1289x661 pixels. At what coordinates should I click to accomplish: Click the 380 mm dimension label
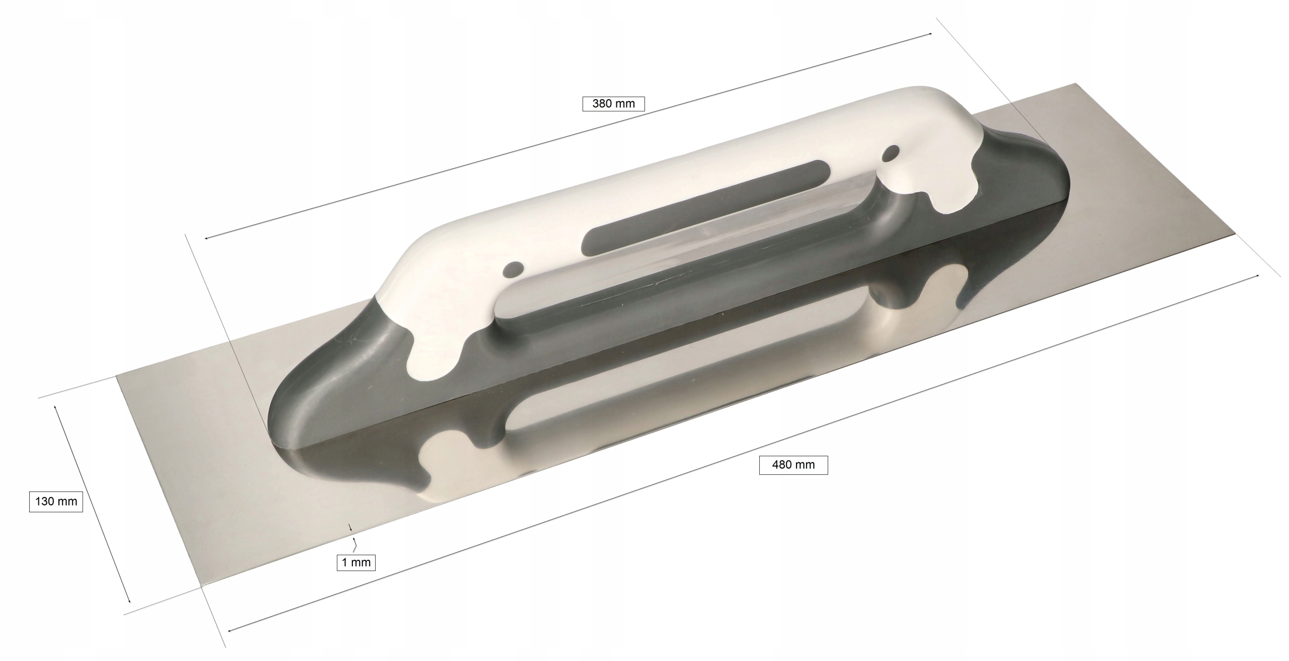613,104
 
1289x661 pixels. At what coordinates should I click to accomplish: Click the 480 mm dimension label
793,465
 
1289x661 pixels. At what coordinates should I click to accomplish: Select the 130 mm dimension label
56,501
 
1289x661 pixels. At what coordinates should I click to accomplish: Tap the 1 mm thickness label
356,562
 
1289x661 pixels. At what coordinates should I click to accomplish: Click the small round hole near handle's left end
514,270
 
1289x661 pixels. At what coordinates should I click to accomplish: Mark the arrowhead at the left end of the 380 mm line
206,238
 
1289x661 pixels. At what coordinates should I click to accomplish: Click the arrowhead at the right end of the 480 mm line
1257,276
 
